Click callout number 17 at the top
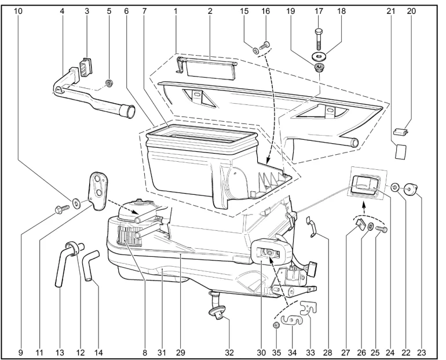[x=319, y=11]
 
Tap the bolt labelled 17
[x=319, y=39]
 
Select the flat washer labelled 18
[x=319, y=56]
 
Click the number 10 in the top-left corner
[x=17, y=11]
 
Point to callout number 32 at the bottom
[x=229, y=352]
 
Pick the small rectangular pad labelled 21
[x=400, y=151]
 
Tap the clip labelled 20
[x=400, y=132]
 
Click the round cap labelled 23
[x=411, y=188]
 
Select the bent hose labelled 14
[x=90, y=265]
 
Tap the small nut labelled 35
[x=276, y=325]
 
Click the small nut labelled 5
[x=108, y=83]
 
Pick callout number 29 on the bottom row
[x=181, y=352]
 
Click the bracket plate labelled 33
[x=308, y=307]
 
